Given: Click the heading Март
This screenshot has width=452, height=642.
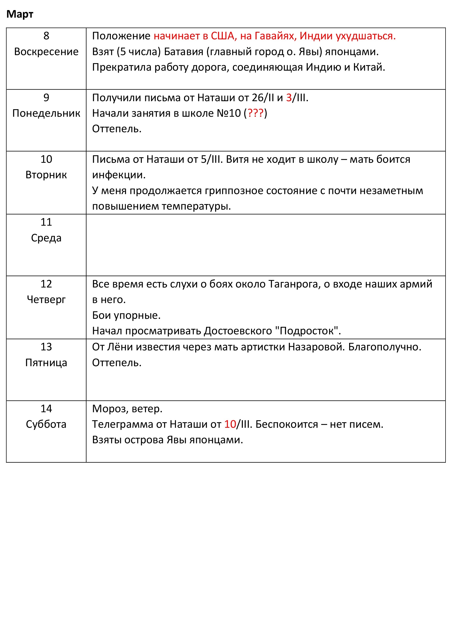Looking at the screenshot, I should (20, 14).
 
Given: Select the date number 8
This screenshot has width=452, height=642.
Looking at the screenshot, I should (46, 36).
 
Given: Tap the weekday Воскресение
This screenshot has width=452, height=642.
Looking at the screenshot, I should (46, 52).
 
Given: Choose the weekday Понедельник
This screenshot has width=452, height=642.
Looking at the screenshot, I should (46, 113).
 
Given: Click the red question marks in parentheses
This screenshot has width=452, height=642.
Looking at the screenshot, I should (255, 113).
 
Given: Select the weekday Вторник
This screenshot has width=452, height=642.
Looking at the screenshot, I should (46, 175).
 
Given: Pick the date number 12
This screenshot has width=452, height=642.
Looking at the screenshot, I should (46, 284).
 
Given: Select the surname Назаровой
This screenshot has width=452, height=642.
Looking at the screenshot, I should (316, 347).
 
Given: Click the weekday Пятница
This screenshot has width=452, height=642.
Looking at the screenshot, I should (46, 363).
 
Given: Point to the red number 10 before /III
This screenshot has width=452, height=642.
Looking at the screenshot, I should (230, 424).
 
